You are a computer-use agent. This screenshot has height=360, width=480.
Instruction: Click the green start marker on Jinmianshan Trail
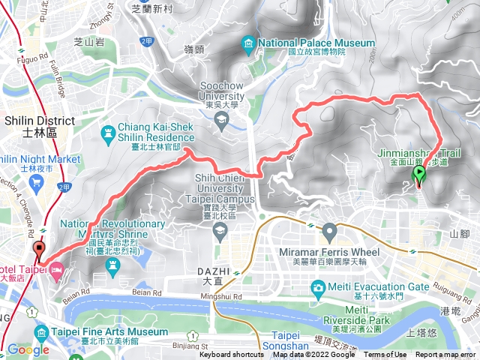pos(418,176)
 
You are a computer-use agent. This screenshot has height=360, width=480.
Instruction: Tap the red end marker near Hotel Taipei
pos(39,250)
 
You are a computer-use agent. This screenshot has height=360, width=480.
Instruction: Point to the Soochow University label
pos(221,97)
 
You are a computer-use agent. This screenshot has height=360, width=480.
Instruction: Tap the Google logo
pos(28,349)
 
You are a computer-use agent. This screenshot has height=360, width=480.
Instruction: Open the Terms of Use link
pos(385,355)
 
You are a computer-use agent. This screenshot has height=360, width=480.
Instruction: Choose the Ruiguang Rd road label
pos(449,285)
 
